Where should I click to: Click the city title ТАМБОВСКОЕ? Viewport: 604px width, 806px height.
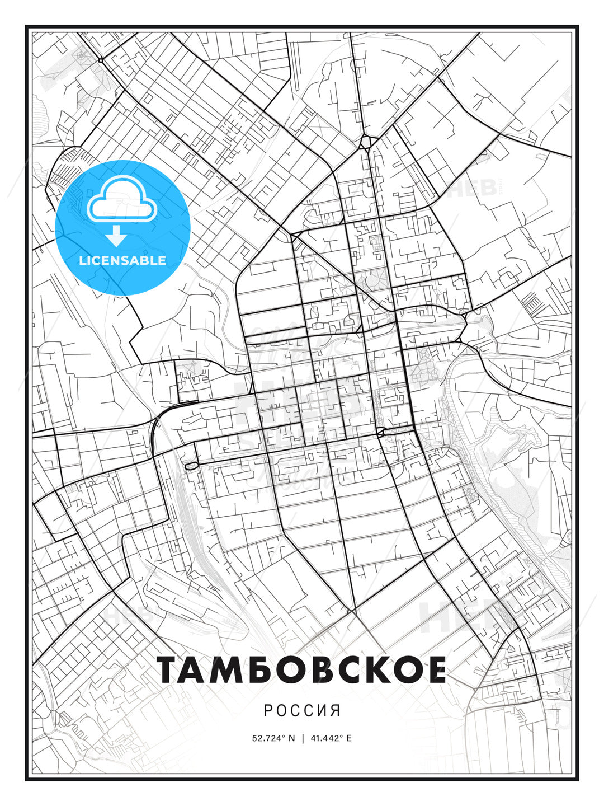(302, 670)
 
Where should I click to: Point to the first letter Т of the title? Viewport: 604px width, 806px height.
(171, 670)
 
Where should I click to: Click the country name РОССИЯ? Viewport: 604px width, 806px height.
(302, 711)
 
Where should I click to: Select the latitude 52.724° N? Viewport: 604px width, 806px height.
(273, 738)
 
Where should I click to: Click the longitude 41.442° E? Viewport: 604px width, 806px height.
(331, 738)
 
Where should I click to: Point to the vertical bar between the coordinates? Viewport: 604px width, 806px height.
(303, 738)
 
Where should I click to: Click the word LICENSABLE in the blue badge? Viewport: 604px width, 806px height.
(122, 260)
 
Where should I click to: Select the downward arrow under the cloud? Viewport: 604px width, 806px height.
(116, 236)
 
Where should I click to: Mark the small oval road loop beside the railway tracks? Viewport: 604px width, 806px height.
(191, 466)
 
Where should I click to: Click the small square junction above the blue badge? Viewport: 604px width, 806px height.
(100, 59)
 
